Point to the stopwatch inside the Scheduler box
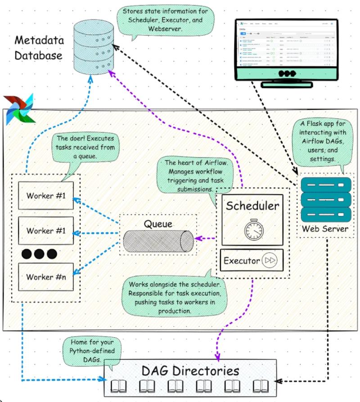click(x=254, y=230)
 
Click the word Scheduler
click(x=252, y=206)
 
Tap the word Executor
click(x=242, y=260)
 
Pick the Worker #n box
click(x=46, y=277)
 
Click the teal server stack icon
click(x=325, y=198)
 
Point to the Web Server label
click(x=325, y=229)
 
